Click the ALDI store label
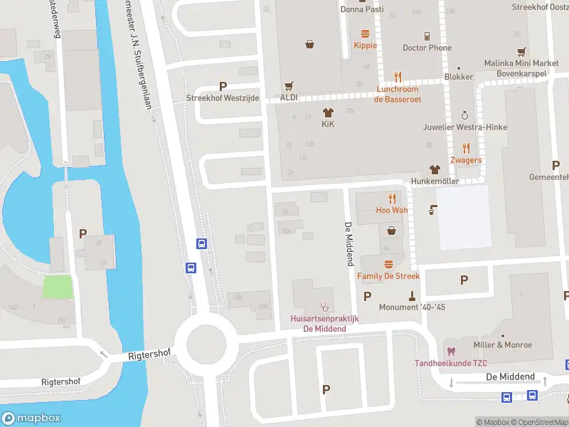pyautogui.click(x=289, y=97)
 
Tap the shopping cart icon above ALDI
pyautogui.click(x=289, y=85)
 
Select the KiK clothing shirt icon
pyautogui.click(x=328, y=112)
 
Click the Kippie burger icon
pyautogui.click(x=366, y=33)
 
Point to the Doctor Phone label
pyautogui.click(x=427, y=48)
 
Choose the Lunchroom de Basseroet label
pyautogui.click(x=398, y=95)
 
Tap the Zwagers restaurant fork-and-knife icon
pyautogui.click(x=466, y=148)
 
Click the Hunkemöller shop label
pyautogui.click(x=435, y=181)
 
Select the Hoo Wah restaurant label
pyautogui.click(x=392, y=210)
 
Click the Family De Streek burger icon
pyautogui.click(x=388, y=263)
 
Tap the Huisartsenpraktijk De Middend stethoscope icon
pyautogui.click(x=324, y=307)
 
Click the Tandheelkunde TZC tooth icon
pyautogui.click(x=450, y=351)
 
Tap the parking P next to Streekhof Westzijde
pyautogui.click(x=223, y=85)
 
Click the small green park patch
pyautogui.click(x=58, y=287)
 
